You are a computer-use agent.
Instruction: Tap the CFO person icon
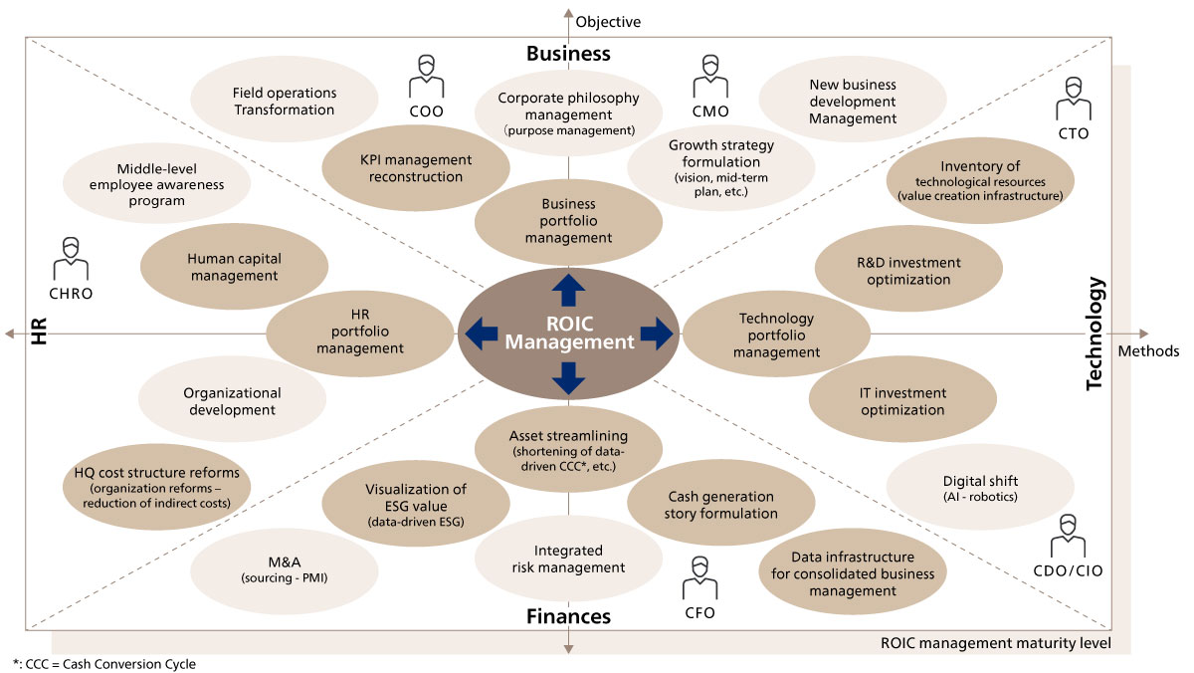click(x=699, y=577)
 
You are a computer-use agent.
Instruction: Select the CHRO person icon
click(x=71, y=259)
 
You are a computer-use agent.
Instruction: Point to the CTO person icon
click(x=1074, y=99)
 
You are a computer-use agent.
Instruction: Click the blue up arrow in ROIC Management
click(x=569, y=290)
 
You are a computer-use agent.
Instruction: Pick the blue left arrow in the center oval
click(x=482, y=334)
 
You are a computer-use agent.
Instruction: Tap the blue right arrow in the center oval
click(x=656, y=334)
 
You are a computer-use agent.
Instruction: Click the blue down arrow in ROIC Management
click(x=569, y=378)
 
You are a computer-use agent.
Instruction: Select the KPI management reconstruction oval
click(x=416, y=168)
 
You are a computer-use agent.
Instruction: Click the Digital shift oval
click(x=980, y=488)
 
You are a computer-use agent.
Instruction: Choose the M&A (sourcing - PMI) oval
click(x=285, y=570)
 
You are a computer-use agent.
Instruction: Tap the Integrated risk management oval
click(x=569, y=559)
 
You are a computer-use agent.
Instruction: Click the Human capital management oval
click(x=234, y=267)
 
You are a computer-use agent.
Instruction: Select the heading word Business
click(x=569, y=54)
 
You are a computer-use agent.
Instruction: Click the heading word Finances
click(x=569, y=616)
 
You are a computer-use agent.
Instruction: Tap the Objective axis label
click(x=608, y=22)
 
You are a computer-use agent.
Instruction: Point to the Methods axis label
click(x=1148, y=351)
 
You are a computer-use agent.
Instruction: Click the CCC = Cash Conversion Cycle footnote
click(x=104, y=664)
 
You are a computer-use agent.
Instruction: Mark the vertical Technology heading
click(x=1094, y=334)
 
